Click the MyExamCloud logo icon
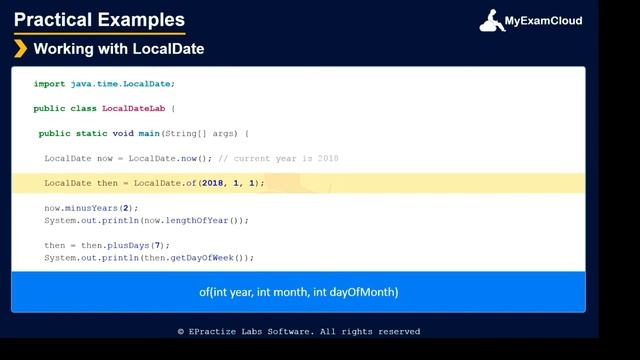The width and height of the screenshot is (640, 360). point(492,20)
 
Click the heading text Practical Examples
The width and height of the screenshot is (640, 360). point(99,20)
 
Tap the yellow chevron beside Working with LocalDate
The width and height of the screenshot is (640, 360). point(20,49)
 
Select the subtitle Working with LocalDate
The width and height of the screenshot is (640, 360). point(118,49)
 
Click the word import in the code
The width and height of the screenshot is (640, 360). point(49,84)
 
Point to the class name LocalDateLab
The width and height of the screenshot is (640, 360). point(134,108)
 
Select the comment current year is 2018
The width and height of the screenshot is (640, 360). point(279,158)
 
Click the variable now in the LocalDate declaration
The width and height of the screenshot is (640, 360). point(104,158)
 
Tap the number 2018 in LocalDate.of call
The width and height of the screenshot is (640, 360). point(212,183)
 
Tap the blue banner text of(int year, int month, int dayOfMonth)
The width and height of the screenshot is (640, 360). point(298,292)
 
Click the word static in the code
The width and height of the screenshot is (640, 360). point(93,133)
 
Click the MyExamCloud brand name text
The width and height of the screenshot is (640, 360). point(543,21)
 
